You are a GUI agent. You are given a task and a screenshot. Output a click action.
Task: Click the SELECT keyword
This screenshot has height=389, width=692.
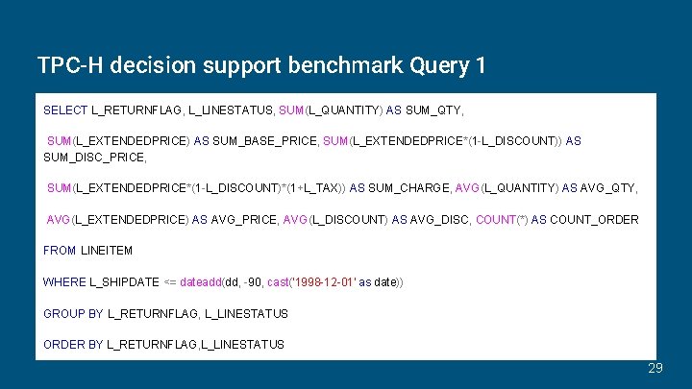65,110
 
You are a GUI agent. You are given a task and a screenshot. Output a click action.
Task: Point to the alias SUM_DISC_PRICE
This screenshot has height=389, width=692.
94,157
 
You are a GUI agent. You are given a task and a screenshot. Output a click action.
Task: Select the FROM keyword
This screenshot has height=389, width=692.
60,251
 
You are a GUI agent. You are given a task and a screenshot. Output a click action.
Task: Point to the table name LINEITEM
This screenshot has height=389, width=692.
107,251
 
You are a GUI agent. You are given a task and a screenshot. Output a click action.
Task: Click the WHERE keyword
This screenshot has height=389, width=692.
64,282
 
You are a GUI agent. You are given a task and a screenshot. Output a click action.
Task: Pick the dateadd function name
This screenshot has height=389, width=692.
200,282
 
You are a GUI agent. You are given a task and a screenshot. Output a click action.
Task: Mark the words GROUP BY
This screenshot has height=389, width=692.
73,313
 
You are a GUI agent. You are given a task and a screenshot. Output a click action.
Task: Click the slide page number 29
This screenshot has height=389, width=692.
655,367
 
